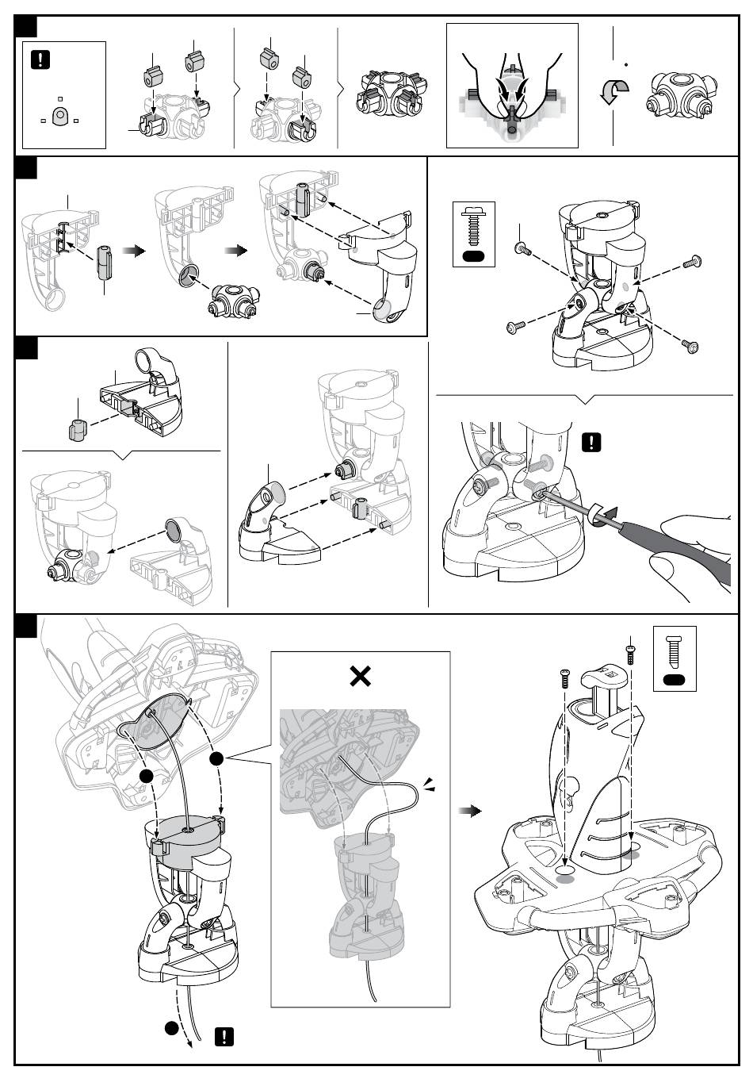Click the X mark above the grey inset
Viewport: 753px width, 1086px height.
coord(361,677)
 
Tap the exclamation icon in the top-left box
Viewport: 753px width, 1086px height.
coord(40,59)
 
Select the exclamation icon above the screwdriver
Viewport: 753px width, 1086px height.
coord(591,442)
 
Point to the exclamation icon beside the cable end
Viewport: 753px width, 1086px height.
coord(226,1036)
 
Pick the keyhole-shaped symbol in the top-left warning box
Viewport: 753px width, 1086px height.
coord(59,117)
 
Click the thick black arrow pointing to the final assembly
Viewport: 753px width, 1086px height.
coord(472,811)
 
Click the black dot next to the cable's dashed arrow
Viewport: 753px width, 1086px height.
coord(171,1029)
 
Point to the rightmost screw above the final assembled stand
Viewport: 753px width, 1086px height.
coord(631,652)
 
